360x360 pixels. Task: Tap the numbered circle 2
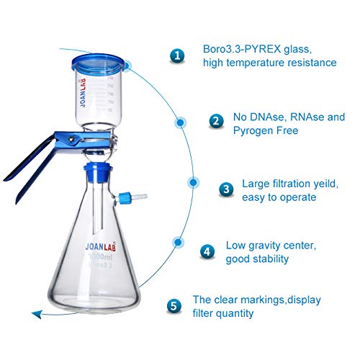(215, 122)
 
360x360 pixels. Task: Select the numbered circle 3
(226, 189)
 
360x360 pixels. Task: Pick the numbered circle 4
(208, 251)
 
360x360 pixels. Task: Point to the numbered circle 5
(174, 305)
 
